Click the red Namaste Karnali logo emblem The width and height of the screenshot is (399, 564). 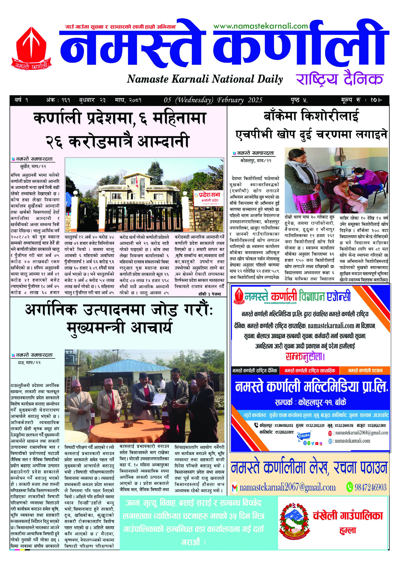click(x=31, y=48)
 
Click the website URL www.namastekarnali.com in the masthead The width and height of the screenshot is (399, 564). click(x=260, y=26)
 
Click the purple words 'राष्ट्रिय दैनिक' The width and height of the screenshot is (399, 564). click(x=339, y=79)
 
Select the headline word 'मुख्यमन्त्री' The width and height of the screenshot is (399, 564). click(x=95, y=328)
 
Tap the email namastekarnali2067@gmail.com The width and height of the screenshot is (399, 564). click(x=287, y=487)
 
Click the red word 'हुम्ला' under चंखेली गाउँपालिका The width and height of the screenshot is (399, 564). click(x=347, y=531)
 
